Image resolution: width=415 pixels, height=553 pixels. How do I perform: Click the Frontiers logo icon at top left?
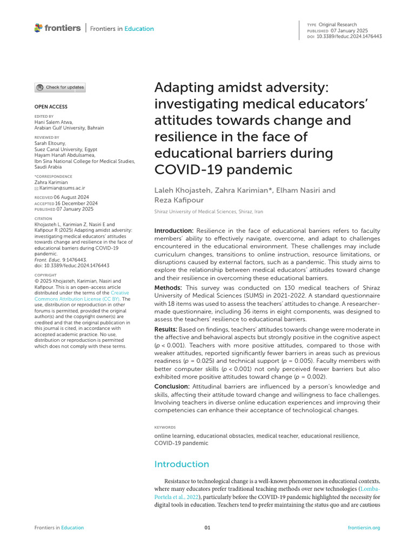tap(38, 28)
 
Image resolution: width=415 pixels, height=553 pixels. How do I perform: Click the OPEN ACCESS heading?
tap(51, 107)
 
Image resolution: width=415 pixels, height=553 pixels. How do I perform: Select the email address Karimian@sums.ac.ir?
tap(61, 188)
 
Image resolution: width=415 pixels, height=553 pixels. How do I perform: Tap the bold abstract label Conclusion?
tap(172, 387)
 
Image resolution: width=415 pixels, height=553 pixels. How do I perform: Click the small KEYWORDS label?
tap(165, 427)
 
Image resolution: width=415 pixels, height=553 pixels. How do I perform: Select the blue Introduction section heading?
tap(182, 464)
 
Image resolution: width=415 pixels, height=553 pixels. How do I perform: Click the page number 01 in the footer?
tap(207, 528)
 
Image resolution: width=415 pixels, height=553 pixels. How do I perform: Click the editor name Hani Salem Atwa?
tap(52, 122)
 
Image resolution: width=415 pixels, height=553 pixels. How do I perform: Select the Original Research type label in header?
tap(338, 25)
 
